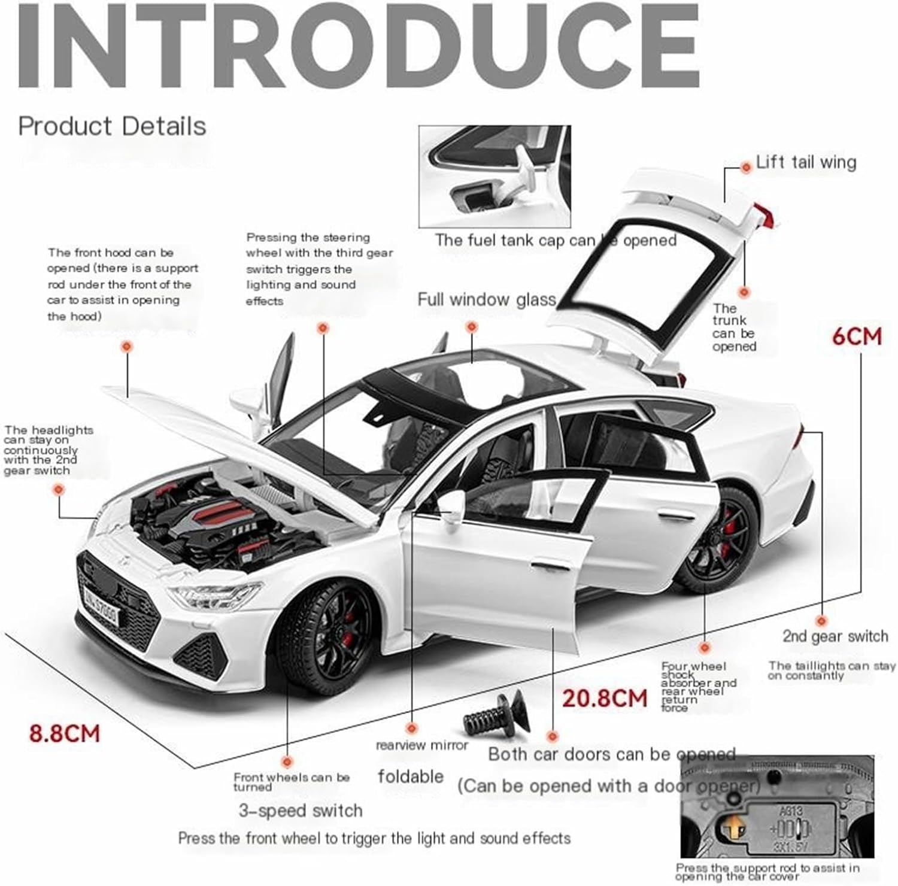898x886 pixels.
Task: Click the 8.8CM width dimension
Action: coord(65,733)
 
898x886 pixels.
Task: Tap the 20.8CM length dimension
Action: coord(605,698)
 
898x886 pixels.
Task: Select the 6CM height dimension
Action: coord(857,336)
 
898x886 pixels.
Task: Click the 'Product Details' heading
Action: coord(112,126)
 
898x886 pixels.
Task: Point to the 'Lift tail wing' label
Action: coord(806,162)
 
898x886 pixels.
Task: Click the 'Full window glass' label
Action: coord(486,299)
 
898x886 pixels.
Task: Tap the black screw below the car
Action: coord(496,716)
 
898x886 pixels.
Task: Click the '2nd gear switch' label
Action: coord(835,636)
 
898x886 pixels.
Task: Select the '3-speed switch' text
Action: coord(301,811)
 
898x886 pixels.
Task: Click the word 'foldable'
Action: coord(411,777)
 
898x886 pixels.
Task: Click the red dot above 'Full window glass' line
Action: coord(472,327)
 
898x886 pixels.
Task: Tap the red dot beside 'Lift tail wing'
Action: coord(745,168)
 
